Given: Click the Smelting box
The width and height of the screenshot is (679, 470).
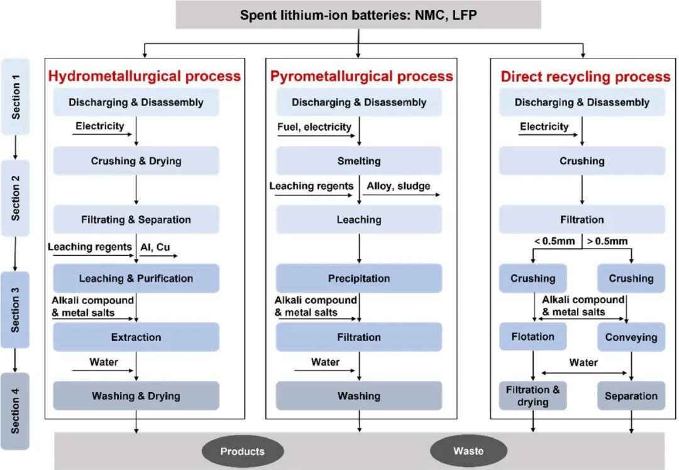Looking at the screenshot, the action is pyautogui.click(x=359, y=161).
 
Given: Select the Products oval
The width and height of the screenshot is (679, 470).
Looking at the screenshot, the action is pyautogui.click(x=243, y=451).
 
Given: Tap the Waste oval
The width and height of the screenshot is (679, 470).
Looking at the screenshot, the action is pyautogui.click(x=468, y=451).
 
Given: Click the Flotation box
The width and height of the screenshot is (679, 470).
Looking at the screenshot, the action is pyautogui.click(x=533, y=336).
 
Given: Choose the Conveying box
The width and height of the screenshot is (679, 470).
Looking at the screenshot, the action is pyautogui.click(x=631, y=337).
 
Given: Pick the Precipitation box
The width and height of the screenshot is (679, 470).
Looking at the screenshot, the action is pyautogui.click(x=359, y=278).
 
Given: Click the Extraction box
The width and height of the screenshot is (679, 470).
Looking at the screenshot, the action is pyautogui.click(x=136, y=337).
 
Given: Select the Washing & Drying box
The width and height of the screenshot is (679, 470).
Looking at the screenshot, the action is pyautogui.click(x=136, y=396).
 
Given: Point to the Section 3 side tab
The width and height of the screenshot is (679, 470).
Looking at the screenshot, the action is pyautogui.click(x=15, y=310).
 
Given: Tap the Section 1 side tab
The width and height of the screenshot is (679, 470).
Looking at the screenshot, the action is pyautogui.click(x=16, y=97).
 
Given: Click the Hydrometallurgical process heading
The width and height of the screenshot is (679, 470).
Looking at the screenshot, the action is pyautogui.click(x=144, y=76).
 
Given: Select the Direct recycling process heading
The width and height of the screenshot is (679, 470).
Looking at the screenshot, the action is pyautogui.click(x=585, y=77).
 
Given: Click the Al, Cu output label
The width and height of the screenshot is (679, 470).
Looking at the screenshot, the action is pyautogui.click(x=155, y=247).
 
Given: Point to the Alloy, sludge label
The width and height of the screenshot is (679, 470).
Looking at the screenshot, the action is pyautogui.click(x=399, y=186).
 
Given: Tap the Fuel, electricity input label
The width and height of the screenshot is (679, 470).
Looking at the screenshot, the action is pyautogui.click(x=314, y=127).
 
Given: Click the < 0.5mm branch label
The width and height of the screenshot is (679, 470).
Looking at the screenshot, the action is pyautogui.click(x=555, y=241).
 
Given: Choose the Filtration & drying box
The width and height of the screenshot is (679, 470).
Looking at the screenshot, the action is pyautogui.click(x=533, y=396).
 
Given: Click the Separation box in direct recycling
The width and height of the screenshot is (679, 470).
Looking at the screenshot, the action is pyautogui.click(x=631, y=396).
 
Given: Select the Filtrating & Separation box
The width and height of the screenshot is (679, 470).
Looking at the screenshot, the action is pyautogui.click(x=136, y=219).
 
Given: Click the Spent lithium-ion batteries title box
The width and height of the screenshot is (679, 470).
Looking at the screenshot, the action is pyautogui.click(x=358, y=15).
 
